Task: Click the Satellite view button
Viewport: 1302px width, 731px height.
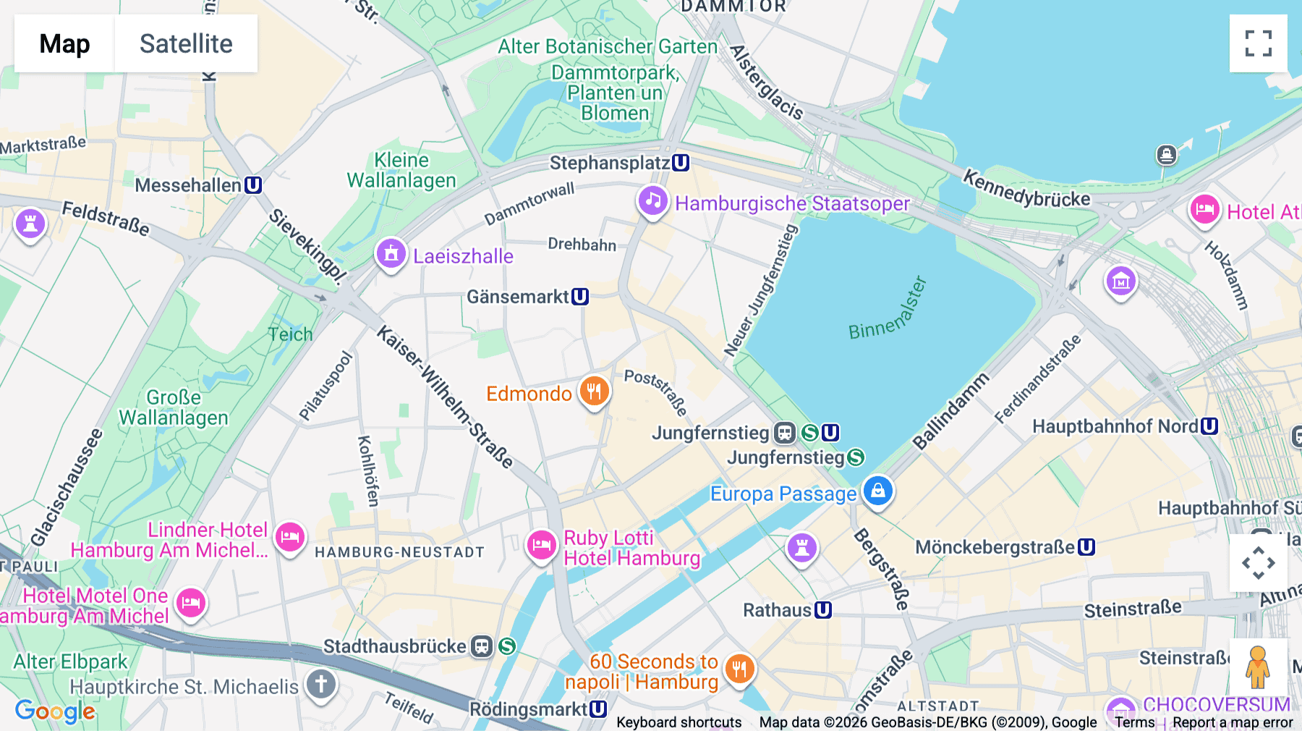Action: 186,43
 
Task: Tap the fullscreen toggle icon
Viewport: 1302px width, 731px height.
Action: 1258,43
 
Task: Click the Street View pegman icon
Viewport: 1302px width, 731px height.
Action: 1258,667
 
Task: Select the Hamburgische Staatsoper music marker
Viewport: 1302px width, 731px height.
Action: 652,200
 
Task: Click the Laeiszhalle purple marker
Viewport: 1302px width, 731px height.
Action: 391,254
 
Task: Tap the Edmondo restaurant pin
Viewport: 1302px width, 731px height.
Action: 594,392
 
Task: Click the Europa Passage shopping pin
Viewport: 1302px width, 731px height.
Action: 877,491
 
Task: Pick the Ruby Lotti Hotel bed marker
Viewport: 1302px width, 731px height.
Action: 541,545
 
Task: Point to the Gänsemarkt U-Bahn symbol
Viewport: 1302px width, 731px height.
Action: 580,297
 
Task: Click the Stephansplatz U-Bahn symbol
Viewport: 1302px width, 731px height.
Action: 680,163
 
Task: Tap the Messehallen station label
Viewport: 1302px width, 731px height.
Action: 188,185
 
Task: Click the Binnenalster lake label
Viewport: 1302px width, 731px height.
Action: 888,310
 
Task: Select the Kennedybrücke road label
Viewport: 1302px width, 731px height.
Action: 1026,189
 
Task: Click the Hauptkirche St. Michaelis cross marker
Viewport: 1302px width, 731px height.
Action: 321,684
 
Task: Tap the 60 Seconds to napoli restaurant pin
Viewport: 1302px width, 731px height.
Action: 739,669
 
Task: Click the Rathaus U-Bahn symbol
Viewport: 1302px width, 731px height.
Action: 823,610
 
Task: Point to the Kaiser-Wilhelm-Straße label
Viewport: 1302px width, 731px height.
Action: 445,397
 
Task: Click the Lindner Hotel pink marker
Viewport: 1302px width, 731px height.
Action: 290,537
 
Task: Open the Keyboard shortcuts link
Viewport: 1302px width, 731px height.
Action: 678,722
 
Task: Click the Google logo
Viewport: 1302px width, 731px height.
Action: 55,711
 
